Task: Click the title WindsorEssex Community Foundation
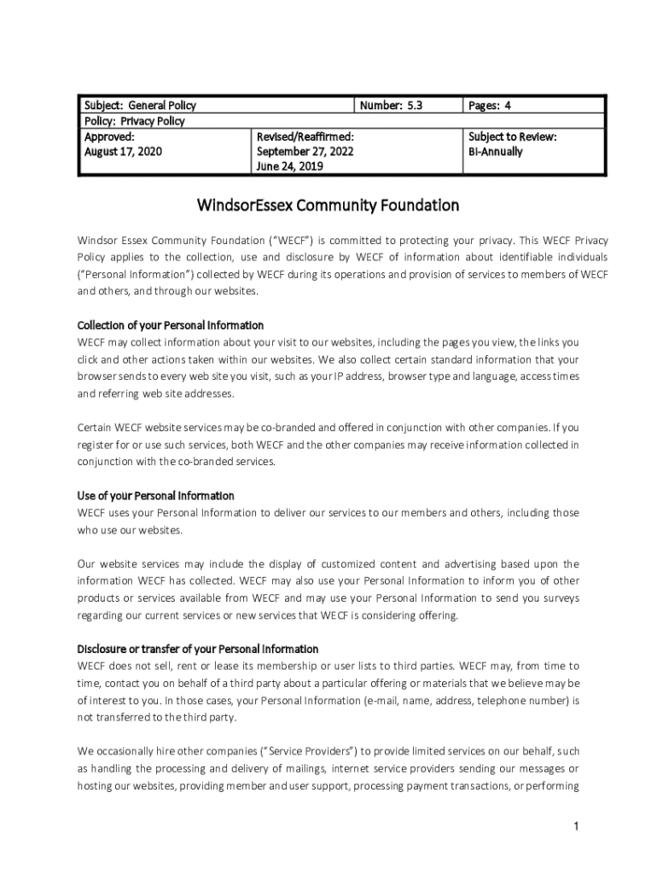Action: point(328,206)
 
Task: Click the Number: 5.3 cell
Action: point(391,106)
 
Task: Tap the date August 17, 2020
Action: point(123,152)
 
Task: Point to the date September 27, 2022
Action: point(305,152)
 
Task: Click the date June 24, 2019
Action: point(289,167)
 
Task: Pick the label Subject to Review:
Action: point(512,137)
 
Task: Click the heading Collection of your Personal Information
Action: point(171,325)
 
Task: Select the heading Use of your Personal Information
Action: point(155,496)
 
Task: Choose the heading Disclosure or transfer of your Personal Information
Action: point(198,649)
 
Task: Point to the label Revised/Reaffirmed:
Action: point(305,137)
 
